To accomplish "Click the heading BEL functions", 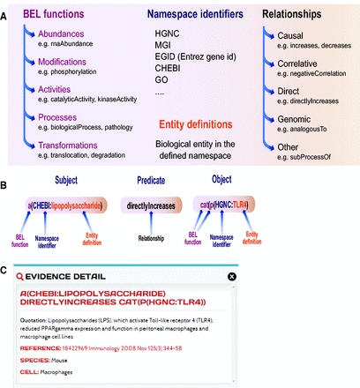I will (56, 15).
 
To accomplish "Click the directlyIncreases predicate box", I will (160, 205).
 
